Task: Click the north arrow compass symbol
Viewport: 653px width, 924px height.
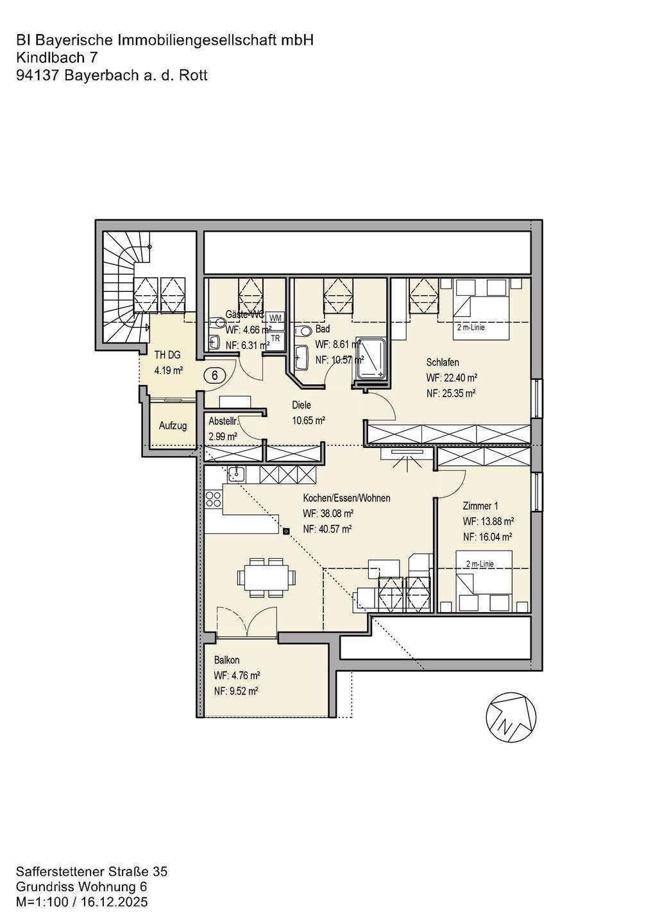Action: (x=512, y=717)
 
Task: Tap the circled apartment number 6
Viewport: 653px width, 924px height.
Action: (x=214, y=375)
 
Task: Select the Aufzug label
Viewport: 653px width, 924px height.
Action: (x=173, y=425)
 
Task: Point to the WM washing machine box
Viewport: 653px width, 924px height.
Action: (x=275, y=317)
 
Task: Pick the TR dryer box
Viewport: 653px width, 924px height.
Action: (x=275, y=338)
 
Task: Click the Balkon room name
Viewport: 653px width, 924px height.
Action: (x=226, y=660)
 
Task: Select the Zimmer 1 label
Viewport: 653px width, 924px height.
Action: (x=477, y=506)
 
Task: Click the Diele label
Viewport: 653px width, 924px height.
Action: (x=301, y=405)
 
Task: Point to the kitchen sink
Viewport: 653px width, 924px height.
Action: (x=235, y=474)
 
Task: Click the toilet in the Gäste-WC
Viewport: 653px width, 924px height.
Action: (x=215, y=323)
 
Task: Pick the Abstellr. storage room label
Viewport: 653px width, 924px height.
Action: (x=224, y=422)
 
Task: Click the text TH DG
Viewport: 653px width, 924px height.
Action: (x=167, y=355)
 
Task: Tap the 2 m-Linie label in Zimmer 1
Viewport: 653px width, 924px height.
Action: (x=480, y=564)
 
